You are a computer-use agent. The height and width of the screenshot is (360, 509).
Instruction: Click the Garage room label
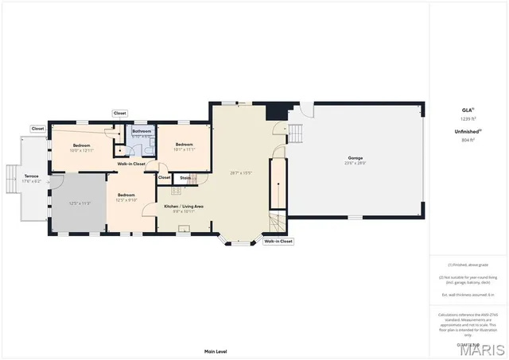click(355, 158)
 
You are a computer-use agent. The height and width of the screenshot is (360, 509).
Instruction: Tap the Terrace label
click(31, 176)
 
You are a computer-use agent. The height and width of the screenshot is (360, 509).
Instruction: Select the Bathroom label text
click(142, 130)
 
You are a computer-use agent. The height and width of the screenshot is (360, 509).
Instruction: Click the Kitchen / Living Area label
click(184, 206)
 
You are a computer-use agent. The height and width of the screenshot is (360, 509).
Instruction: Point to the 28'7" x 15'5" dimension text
click(241, 172)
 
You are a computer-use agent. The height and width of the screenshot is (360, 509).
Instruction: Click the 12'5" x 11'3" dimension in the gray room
click(80, 203)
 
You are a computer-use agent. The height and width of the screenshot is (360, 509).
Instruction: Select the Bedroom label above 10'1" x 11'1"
click(185, 144)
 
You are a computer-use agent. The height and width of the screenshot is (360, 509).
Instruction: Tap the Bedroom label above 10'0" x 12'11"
click(82, 145)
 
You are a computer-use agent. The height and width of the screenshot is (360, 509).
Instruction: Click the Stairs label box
click(185, 177)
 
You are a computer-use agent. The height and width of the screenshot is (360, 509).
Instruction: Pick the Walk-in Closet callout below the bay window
click(278, 241)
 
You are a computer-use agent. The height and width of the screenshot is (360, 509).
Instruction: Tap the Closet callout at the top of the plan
click(120, 114)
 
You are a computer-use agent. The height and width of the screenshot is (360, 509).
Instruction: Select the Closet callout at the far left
click(37, 128)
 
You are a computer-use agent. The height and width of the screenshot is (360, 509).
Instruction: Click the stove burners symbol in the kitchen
click(176, 192)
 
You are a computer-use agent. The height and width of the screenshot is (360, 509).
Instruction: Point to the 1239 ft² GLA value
click(468, 118)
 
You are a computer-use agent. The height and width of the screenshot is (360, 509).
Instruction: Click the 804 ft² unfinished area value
click(468, 140)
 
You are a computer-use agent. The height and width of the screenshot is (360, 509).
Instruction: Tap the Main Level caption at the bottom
click(216, 350)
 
